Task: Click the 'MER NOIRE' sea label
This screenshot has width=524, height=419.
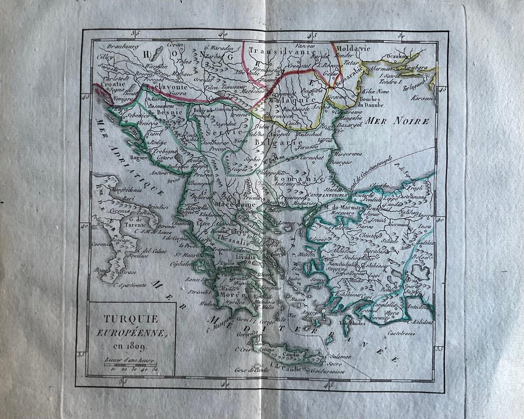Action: [404, 121]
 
